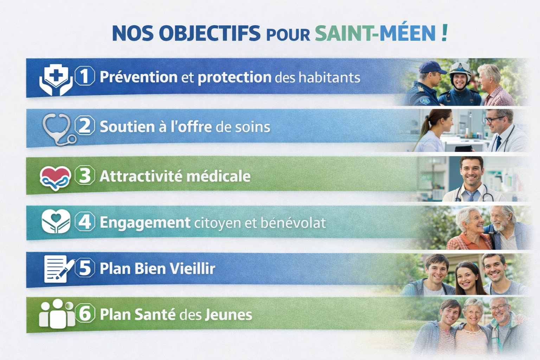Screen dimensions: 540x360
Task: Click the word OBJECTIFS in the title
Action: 210,33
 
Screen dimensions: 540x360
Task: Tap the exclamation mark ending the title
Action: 445,33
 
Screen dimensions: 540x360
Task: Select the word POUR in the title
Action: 288,35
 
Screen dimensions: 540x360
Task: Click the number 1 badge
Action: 85,76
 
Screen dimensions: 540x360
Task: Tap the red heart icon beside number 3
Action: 55,178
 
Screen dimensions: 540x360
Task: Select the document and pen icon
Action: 59,269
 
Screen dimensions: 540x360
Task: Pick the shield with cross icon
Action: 56,79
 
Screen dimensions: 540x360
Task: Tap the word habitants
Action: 329,77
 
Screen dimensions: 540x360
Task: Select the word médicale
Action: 218,176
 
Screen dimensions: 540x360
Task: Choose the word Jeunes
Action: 229,314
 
